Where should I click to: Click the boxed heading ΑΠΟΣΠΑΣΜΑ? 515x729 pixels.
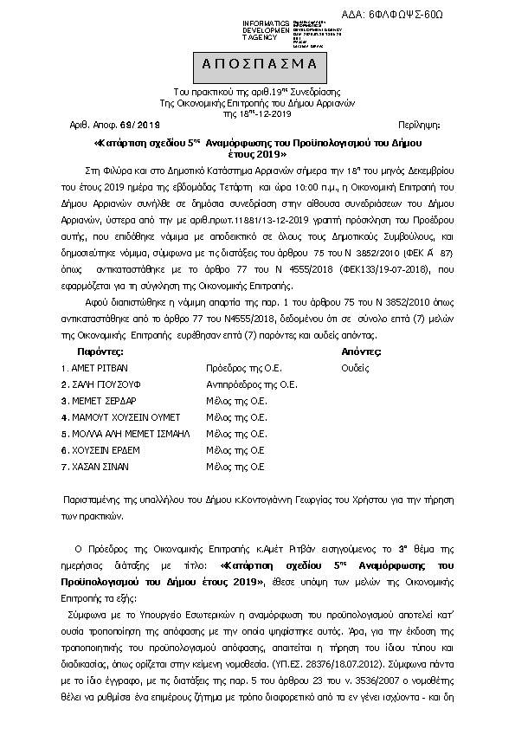click(x=257, y=66)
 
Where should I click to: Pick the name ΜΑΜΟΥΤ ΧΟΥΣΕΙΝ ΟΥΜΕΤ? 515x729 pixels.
click(x=126, y=416)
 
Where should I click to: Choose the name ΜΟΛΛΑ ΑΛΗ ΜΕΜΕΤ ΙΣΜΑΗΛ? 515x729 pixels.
click(x=131, y=433)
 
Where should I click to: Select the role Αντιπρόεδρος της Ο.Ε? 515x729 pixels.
click(x=252, y=384)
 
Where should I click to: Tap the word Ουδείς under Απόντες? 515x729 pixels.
click(x=356, y=367)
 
